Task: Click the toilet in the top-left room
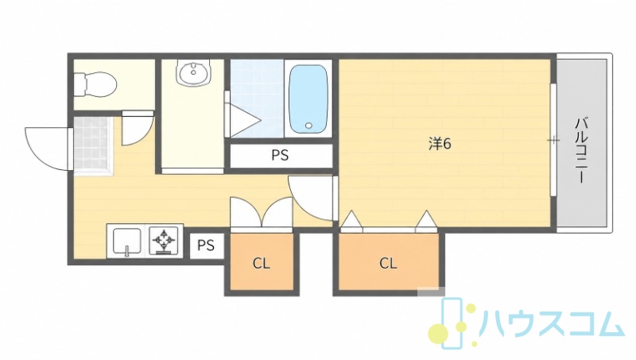click(x=95, y=85)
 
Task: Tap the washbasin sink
click(x=194, y=72)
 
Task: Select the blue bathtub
click(x=308, y=99)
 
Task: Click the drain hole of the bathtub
click(x=309, y=126)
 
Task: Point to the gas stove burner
click(x=164, y=241)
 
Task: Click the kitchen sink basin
click(x=127, y=242)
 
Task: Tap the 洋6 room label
click(x=440, y=144)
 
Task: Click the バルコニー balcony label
click(x=580, y=150)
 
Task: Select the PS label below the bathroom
click(x=280, y=155)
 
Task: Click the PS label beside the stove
click(x=206, y=246)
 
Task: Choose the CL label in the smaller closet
click(x=262, y=264)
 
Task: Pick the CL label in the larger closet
click(x=388, y=264)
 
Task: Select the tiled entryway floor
click(x=92, y=145)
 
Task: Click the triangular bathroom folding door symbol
click(x=244, y=121)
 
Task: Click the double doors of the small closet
click(x=262, y=212)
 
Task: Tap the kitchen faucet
click(x=127, y=251)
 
